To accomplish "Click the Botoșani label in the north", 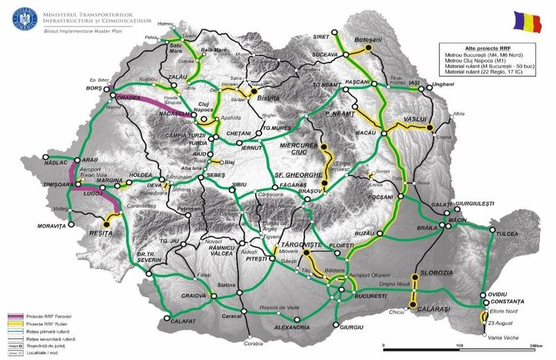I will click(x=370, y=40).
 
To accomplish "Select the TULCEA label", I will click(x=509, y=235).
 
